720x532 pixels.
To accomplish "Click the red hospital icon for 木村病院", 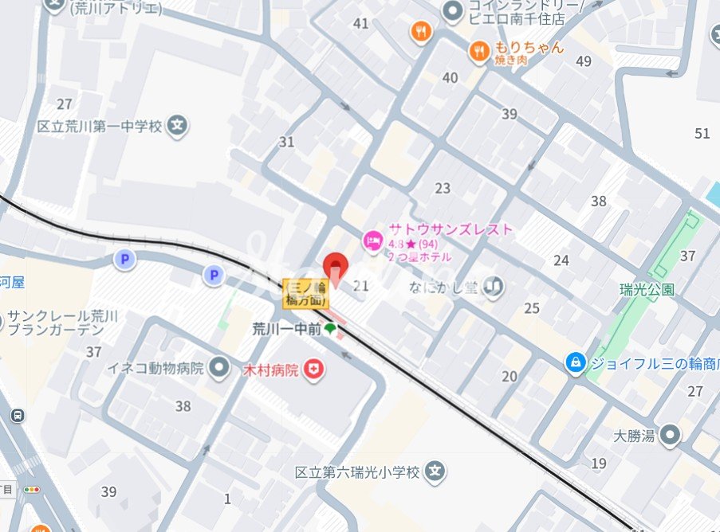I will click(x=315, y=370).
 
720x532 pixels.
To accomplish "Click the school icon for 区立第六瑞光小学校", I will click(x=434, y=472).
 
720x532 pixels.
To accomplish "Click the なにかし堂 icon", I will click(x=494, y=286).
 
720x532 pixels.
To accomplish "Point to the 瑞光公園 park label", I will click(x=647, y=289).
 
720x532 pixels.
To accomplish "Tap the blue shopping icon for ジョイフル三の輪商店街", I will click(x=574, y=363).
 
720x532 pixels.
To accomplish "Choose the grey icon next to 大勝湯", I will click(x=671, y=435).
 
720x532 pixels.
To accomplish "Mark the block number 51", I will click(x=702, y=133).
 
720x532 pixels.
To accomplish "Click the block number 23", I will click(x=443, y=189).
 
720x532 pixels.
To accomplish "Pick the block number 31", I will click(x=286, y=142).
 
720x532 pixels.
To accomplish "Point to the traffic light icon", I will click(x=32, y=489).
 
